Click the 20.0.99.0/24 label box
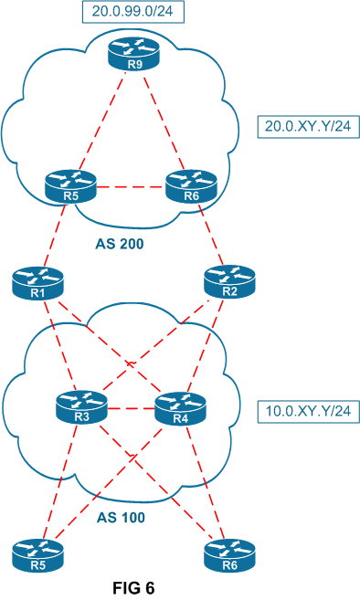[132, 13]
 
